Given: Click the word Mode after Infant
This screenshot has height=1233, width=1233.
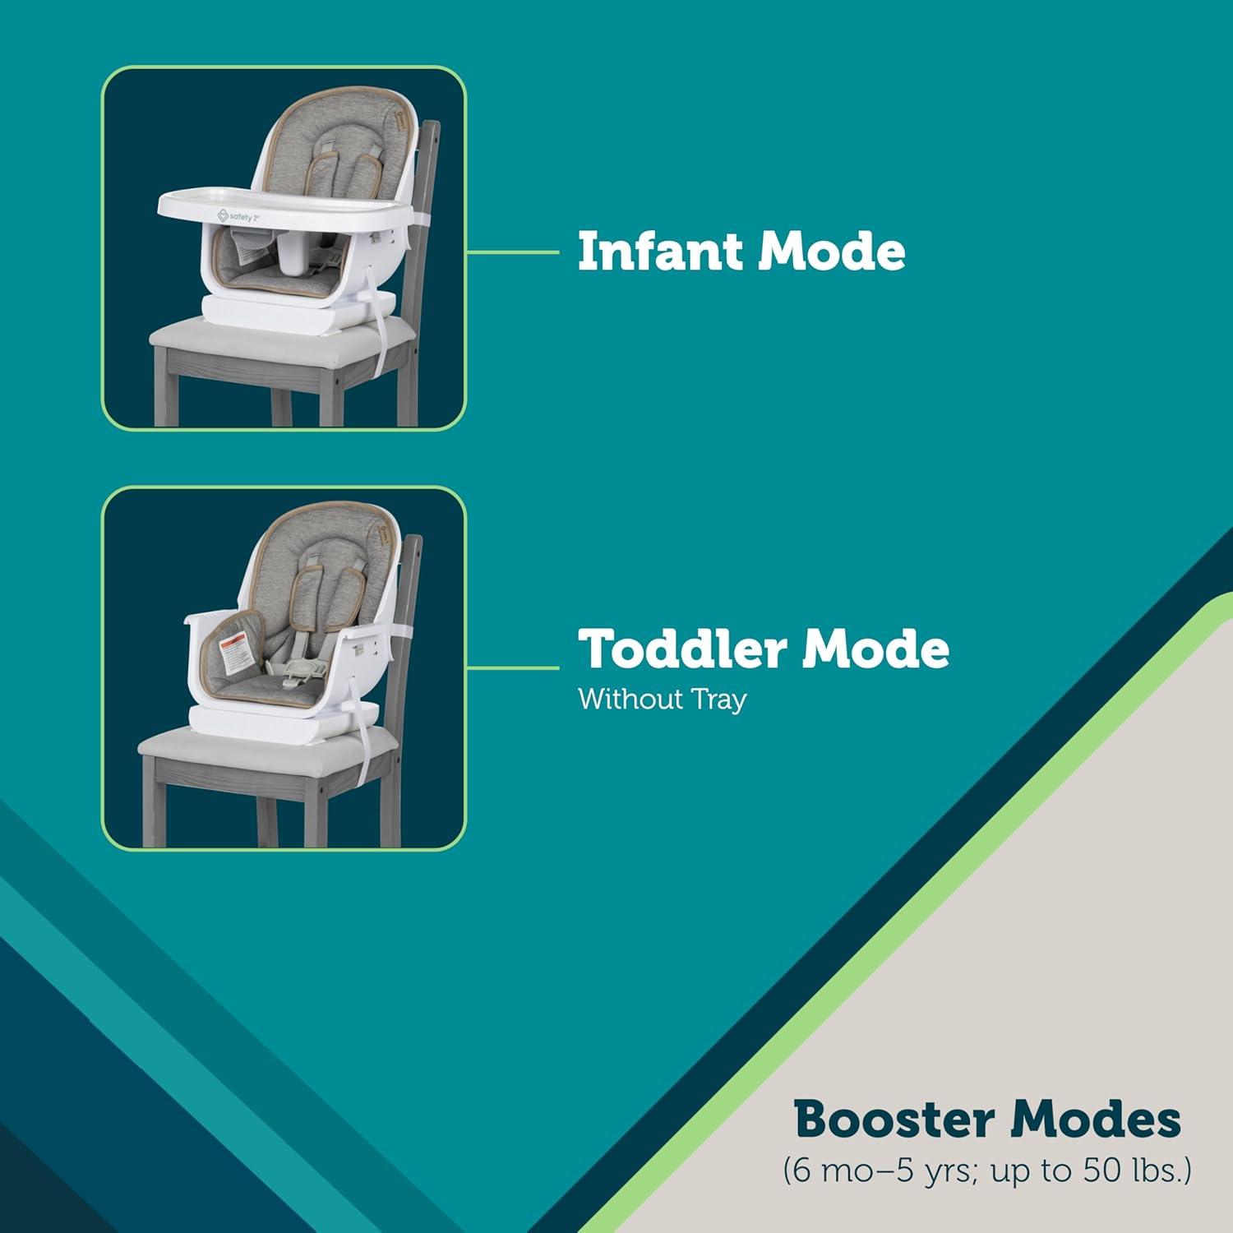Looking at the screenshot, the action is [x=831, y=251].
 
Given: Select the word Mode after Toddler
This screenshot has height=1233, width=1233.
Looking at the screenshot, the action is [x=876, y=649].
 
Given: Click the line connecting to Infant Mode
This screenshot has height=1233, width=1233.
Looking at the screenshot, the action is [x=512, y=252].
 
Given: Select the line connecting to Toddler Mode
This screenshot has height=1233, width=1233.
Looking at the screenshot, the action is [x=512, y=667].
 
